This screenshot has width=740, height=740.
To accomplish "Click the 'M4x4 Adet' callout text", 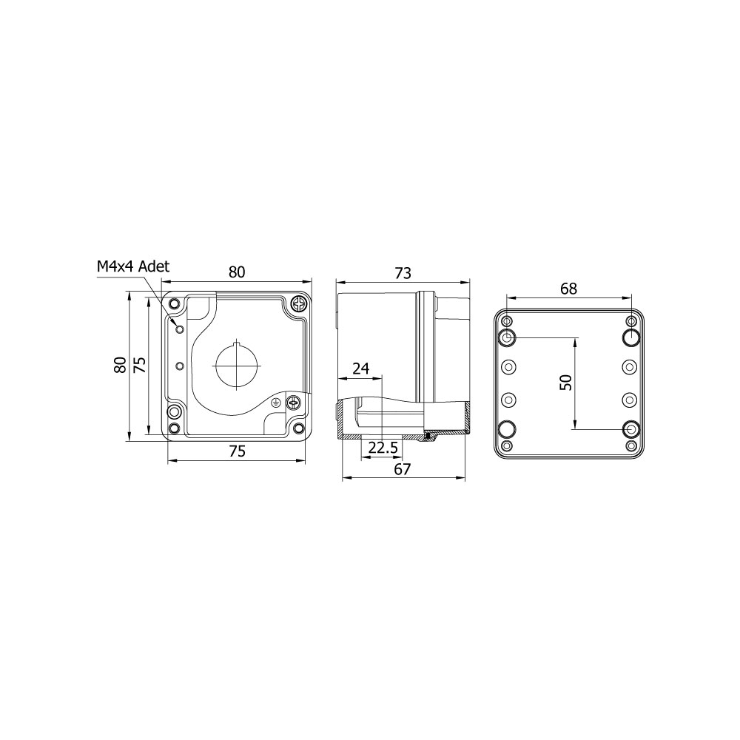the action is coord(132,266).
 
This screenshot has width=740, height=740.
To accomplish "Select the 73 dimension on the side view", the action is coord(403,273).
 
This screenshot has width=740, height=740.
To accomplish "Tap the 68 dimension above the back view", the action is coord(568,289).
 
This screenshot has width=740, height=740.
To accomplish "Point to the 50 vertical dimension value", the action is coord(565,383).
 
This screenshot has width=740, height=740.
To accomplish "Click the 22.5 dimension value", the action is coord(383,447).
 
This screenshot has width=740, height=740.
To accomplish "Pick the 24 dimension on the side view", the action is coord(361,368).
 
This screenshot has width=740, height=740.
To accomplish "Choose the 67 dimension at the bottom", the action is coord(403,468).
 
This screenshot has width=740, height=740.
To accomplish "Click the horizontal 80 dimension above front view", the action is coord(237,272).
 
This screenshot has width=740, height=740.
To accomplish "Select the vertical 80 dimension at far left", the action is coord(121,365).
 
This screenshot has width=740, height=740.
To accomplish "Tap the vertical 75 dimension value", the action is coord(140,365).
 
